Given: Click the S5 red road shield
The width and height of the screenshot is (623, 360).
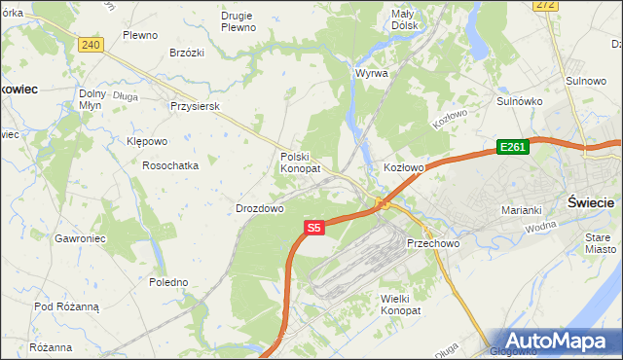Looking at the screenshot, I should pyautogui.click(x=312, y=228).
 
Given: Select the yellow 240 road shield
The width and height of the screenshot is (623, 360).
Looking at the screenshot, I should pyautogui.click(x=91, y=45).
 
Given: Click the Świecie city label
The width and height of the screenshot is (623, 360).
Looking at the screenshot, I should pyautogui.click(x=590, y=202).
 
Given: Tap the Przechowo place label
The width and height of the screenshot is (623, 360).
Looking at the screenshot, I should pyautogui.click(x=432, y=243).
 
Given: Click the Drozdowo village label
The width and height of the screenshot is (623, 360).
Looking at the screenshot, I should pyautogui.click(x=259, y=208).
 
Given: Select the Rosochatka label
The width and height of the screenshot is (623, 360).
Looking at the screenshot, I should pyautogui.click(x=170, y=165).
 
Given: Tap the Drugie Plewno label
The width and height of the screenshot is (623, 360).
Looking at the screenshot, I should pyautogui.click(x=238, y=21).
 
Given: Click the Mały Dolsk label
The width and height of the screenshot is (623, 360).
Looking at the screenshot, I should pyautogui.click(x=404, y=19).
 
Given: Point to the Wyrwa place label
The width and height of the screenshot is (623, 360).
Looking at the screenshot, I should pyautogui.click(x=372, y=73).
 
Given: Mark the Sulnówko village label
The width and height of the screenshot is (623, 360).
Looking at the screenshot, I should pyautogui.click(x=519, y=100).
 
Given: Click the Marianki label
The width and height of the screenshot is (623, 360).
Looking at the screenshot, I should pyautogui.click(x=521, y=210).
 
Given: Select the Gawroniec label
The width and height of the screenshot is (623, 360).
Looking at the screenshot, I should pyautogui.click(x=80, y=237).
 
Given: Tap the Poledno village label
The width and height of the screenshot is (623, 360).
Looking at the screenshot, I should pyautogui.click(x=168, y=282).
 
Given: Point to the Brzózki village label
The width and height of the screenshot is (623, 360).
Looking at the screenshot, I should pyautogui.click(x=186, y=53).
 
